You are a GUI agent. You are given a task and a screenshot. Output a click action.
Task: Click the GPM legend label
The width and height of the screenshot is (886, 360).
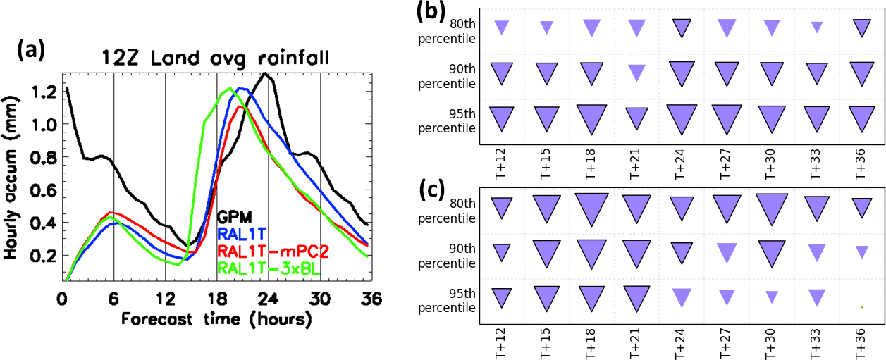coord(235,216)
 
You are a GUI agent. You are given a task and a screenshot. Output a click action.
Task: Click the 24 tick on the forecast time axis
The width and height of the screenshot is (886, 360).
coord(269,298)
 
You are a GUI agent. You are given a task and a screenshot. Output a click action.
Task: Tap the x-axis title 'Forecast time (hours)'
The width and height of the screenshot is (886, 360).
coord(216,318)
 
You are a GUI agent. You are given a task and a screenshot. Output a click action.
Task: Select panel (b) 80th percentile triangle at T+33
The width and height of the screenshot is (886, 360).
coord(817,27)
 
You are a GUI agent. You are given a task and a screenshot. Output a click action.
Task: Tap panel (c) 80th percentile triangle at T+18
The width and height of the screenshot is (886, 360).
coord(591,208)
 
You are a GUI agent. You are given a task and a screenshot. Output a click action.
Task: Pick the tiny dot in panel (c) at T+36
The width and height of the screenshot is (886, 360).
coord(862,307)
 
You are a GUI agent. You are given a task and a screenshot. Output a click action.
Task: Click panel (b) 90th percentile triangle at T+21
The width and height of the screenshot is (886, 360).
coord(636,72)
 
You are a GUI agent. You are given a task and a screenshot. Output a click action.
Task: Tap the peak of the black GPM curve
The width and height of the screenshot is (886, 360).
coord(264,73)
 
